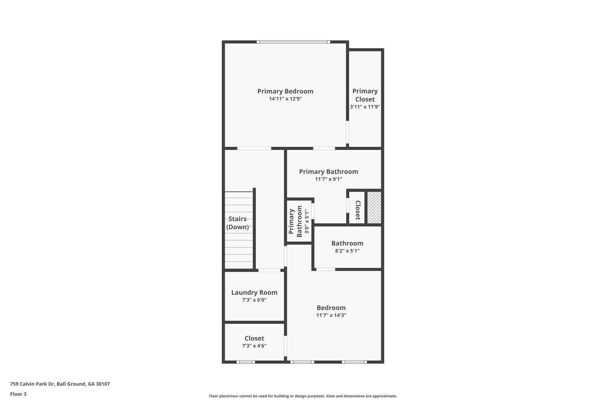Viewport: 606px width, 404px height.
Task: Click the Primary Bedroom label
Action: (285, 91)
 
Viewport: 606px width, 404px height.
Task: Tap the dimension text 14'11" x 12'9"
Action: (285, 99)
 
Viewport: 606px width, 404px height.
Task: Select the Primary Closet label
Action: (365, 95)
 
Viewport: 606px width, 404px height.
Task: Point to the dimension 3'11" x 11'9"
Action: (365, 107)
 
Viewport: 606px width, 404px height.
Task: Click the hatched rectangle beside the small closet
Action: (374, 207)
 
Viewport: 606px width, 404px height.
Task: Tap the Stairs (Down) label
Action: (238, 223)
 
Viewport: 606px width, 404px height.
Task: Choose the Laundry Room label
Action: (254, 292)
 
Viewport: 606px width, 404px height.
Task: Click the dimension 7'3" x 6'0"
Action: (254, 300)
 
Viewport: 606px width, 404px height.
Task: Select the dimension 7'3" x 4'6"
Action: (254, 346)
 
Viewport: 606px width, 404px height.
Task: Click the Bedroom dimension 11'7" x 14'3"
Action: (331, 316)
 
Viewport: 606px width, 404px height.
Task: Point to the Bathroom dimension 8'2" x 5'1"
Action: (347, 251)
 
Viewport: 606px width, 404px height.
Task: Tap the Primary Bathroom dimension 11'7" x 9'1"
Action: (328, 179)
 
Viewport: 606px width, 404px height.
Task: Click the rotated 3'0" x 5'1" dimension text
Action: (307, 221)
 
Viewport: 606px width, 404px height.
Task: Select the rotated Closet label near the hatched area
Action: (358, 210)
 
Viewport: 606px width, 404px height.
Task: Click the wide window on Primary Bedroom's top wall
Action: (293, 42)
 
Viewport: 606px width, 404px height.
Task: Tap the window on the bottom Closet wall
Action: (246, 362)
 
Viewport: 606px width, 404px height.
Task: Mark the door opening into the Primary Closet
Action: (348, 132)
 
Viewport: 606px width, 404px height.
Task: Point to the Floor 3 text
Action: (18, 394)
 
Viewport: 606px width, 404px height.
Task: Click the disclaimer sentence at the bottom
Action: (303, 396)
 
